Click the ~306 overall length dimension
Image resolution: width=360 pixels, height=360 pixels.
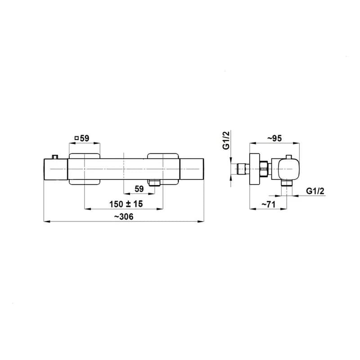pos(124,217)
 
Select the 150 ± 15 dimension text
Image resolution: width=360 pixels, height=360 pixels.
pos(126,204)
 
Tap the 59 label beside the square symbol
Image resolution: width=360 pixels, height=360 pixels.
pos(85,138)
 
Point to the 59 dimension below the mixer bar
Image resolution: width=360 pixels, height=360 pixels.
pos(139,189)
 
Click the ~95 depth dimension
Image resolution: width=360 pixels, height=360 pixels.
pos(274,138)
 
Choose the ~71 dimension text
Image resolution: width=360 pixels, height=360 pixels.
pos(268,204)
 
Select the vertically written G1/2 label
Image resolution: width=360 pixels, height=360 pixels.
pos(226,140)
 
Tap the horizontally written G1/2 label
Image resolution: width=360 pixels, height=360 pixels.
pos(315,191)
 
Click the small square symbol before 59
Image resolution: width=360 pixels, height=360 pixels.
pos(76,138)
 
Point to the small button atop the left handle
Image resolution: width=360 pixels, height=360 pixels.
pos(55,157)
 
